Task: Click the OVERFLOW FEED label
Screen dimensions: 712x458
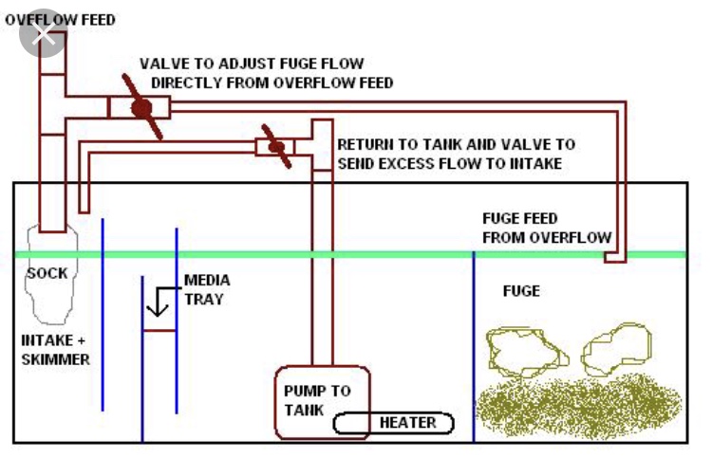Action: click(x=60, y=20)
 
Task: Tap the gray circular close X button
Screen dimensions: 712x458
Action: click(x=44, y=33)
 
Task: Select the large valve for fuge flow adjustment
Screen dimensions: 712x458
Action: click(x=141, y=107)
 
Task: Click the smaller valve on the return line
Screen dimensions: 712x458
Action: click(x=276, y=146)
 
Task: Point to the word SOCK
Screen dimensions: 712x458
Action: click(x=47, y=273)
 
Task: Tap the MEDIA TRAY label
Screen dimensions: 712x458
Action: click(x=207, y=289)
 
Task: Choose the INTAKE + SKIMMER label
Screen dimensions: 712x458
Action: click(x=55, y=350)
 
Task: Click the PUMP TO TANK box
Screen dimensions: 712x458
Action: click(x=322, y=402)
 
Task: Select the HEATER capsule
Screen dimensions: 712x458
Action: click(x=394, y=423)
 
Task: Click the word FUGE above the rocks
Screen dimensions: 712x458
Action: click(x=521, y=291)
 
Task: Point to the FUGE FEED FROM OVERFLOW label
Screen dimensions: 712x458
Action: click(x=547, y=228)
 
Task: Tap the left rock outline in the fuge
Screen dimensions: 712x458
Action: click(x=527, y=353)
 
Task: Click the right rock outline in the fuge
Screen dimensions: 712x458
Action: click(x=617, y=349)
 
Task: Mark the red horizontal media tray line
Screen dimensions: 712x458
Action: click(x=159, y=331)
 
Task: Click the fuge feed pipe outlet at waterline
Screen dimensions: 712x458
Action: click(x=615, y=258)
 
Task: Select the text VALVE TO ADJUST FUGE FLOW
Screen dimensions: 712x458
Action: click(x=252, y=64)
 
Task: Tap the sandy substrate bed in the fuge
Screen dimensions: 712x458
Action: click(x=578, y=406)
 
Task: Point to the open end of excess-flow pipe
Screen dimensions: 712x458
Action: click(x=84, y=210)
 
